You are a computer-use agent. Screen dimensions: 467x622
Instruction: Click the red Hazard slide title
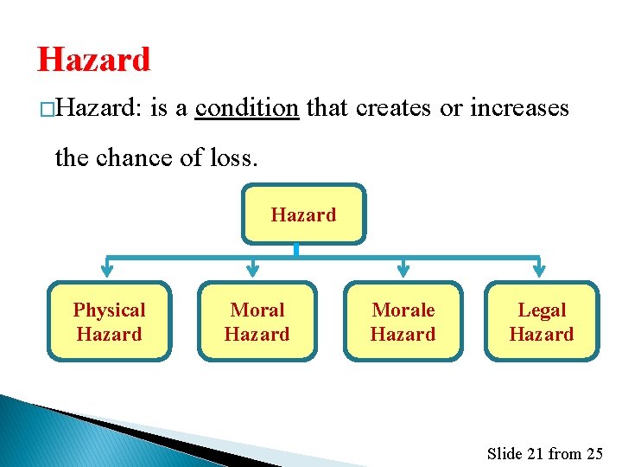(93, 60)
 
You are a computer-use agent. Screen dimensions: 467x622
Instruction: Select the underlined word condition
(247, 108)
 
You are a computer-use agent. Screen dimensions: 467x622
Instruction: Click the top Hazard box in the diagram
(303, 214)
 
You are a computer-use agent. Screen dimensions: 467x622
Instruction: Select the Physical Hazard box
(109, 322)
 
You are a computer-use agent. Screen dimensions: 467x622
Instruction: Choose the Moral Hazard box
(257, 322)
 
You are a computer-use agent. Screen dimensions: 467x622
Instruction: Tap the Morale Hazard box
(403, 322)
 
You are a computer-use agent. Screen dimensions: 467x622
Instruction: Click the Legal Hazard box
(541, 322)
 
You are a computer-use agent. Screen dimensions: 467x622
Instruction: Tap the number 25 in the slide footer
(594, 453)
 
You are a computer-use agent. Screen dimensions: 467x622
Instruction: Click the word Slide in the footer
(505, 453)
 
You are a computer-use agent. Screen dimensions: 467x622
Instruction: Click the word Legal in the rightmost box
(542, 310)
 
